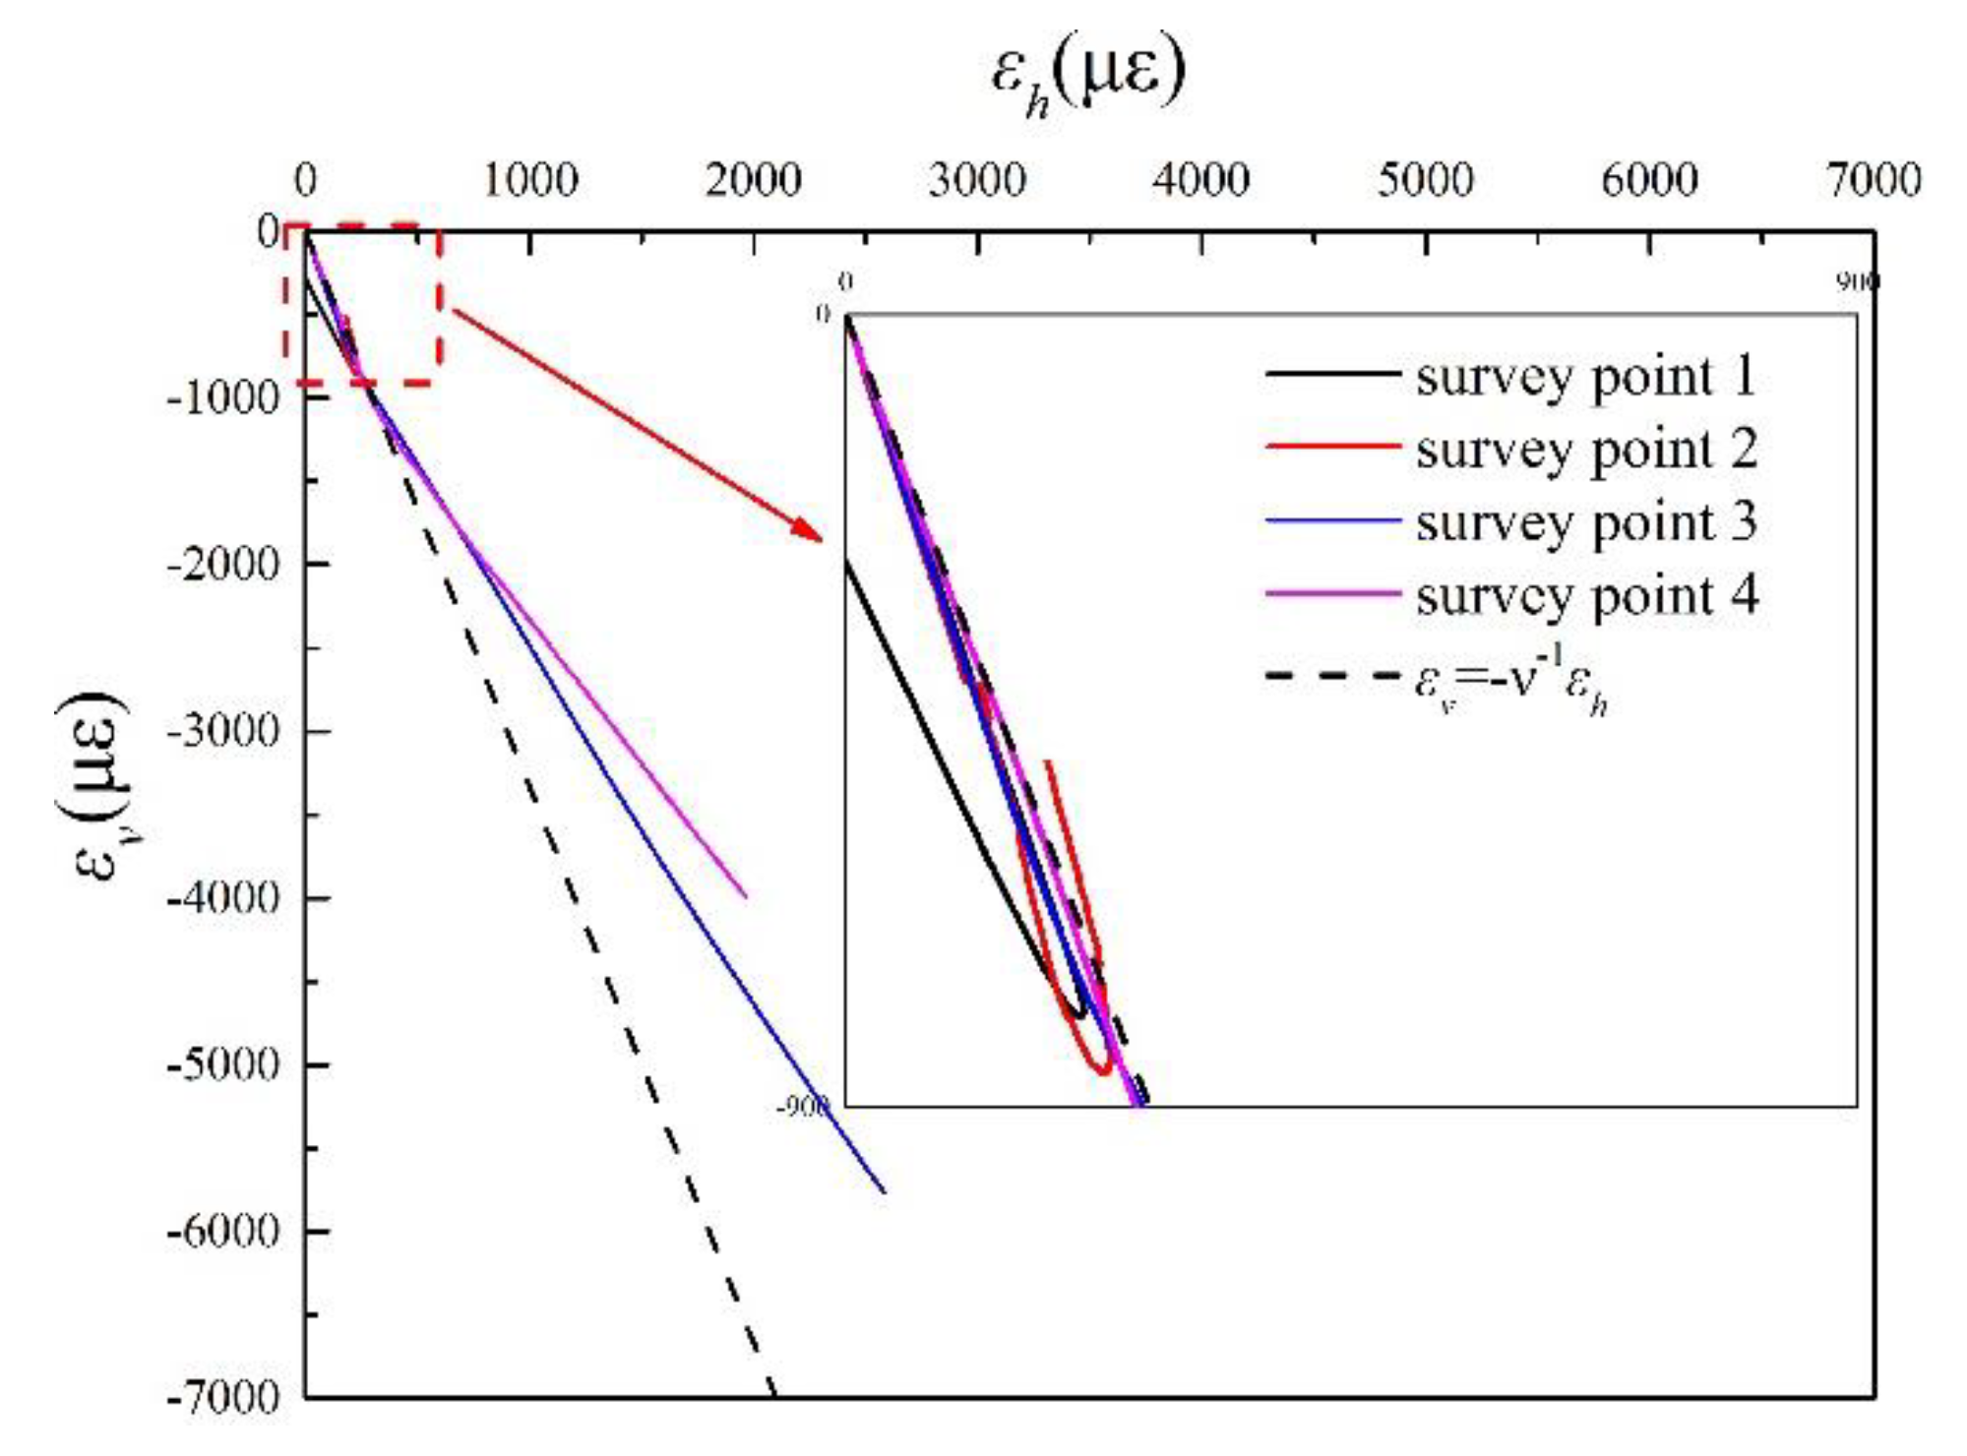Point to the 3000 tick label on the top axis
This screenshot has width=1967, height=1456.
tap(976, 180)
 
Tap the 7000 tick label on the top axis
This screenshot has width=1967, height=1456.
tap(1873, 180)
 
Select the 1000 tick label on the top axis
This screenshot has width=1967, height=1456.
tap(529, 180)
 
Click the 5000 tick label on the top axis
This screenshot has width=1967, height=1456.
tap(1425, 180)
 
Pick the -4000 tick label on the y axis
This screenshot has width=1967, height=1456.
tap(223, 897)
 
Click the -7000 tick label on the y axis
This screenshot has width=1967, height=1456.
tap(223, 1397)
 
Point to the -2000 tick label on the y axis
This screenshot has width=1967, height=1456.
tap(223, 565)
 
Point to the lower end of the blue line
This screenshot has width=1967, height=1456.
tap(883, 1190)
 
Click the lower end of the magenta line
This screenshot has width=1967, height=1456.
tap(745, 895)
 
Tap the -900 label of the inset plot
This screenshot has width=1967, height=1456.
tap(802, 1107)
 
